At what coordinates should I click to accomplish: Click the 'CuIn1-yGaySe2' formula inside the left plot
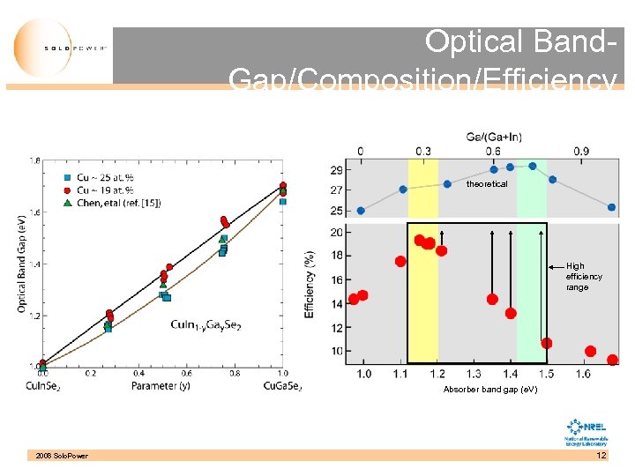(205, 325)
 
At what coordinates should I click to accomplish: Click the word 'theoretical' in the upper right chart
(487, 184)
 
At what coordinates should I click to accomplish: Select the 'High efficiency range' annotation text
(584, 276)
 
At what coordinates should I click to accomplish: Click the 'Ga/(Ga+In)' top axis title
(493, 137)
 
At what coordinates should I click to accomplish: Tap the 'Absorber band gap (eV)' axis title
(489, 389)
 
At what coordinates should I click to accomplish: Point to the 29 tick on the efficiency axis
(337, 169)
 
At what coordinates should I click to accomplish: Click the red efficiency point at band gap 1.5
(547, 343)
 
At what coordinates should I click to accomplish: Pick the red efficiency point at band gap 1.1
(400, 262)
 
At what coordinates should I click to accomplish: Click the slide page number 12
(601, 455)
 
